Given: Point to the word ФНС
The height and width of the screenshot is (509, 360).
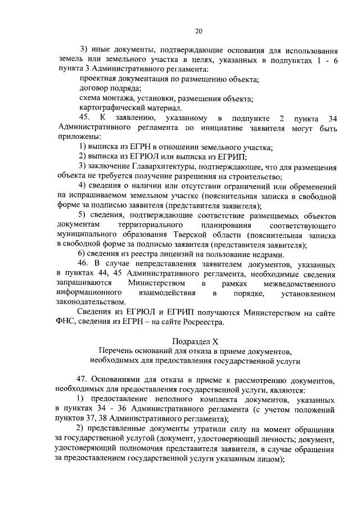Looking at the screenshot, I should coord(66,322).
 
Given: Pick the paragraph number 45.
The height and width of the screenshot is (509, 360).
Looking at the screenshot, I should coord(85,118).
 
